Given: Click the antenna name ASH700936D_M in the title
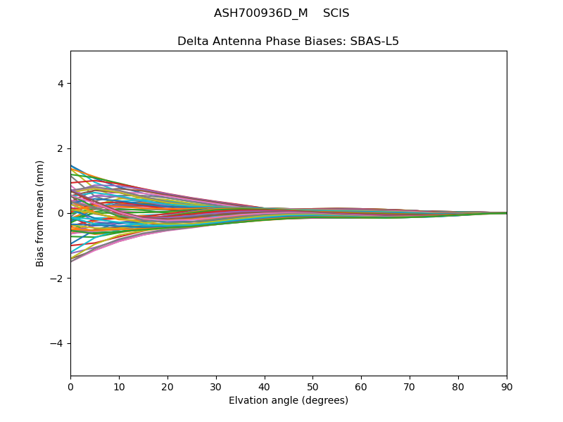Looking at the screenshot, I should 260,13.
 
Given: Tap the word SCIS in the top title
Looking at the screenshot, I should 336,13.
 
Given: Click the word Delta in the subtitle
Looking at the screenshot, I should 193,41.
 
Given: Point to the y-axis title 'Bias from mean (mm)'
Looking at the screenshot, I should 40,213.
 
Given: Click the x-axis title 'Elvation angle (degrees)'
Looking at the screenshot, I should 289,401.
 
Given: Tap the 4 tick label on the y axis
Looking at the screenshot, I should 61,84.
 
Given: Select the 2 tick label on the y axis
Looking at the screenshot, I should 61,148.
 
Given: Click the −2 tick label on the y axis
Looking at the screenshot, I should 58,279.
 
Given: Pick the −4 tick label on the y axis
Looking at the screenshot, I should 58,343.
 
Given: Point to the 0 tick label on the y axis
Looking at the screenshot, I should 61,213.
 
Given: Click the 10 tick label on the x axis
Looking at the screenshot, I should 119,387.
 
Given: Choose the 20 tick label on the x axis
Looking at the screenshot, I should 167,387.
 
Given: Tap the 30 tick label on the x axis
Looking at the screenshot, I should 216,387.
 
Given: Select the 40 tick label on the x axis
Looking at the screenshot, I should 265,387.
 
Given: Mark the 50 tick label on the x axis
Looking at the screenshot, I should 312,387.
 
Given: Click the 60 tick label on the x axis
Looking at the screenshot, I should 361,387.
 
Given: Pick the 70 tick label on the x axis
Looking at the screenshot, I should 410,387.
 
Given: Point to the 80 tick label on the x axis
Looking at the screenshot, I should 458,387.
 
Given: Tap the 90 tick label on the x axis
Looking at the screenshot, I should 507,387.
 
